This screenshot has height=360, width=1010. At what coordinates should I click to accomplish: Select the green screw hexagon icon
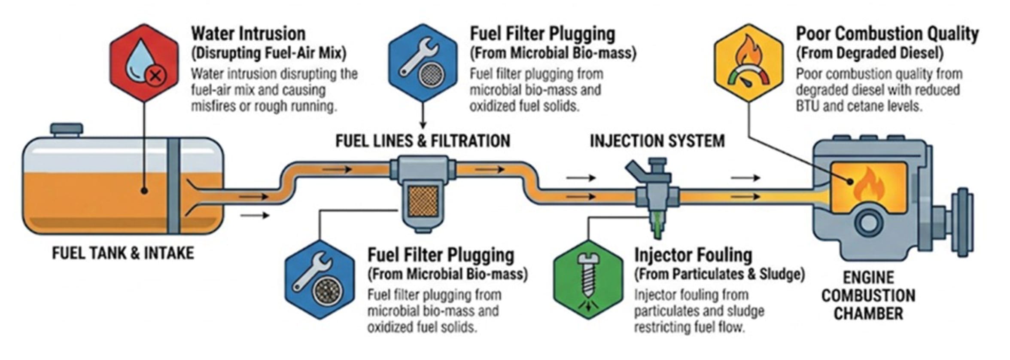point(587,280)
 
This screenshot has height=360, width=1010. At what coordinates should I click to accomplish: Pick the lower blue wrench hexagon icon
point(320,280)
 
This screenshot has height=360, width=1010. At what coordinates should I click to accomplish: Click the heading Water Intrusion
point(248,34)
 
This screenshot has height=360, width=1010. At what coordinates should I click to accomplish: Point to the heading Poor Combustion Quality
point(887,34)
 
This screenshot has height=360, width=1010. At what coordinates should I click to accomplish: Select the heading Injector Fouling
point(693,255)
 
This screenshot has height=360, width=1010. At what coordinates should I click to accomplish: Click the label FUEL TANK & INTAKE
point(123,253)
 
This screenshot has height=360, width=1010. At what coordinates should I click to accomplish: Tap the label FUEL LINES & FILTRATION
point(423,141)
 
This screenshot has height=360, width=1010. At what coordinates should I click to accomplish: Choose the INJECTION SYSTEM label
point(657,141)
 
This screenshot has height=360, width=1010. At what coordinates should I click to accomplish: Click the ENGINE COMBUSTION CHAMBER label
point(868,296)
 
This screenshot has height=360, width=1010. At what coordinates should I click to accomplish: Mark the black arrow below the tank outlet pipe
point(255,215)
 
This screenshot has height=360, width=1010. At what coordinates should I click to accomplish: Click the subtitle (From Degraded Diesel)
point(870,53)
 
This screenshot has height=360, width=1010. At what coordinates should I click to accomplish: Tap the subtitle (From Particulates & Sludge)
point(719,274)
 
